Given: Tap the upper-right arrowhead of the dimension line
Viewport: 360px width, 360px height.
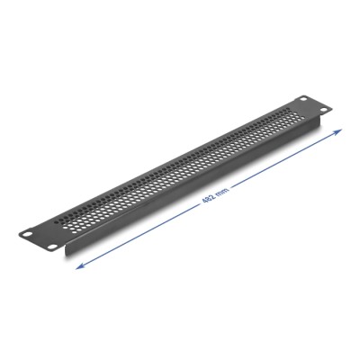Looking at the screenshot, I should (x=342, y=131).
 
